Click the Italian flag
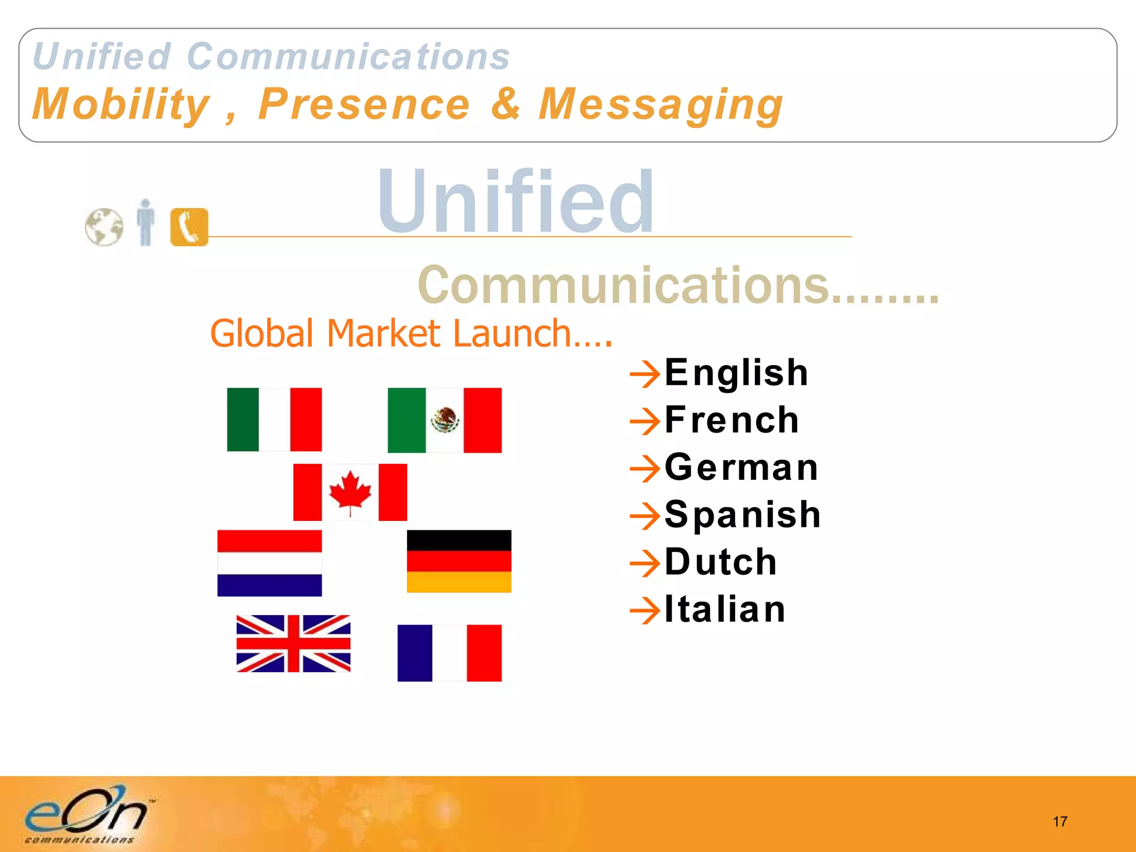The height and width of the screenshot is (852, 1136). [x=274, y=419]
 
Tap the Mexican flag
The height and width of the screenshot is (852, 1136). [x=444, y=420]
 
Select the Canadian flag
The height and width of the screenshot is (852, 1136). [x=350, y=492]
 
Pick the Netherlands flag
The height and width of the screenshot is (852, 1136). [x=270, y=563]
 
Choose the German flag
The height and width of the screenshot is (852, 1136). [x=459, y=561]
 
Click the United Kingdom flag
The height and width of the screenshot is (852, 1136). [x=293, y=643]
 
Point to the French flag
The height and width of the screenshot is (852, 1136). [x=449, y=653]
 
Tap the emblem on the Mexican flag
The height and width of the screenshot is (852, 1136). [x=445, y=419]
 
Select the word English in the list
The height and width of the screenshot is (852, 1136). [x=736, y=372]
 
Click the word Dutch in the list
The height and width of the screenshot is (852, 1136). [x=721, y=562]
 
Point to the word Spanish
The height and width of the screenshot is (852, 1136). [x=742, y=514]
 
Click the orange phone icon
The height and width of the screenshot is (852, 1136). [x=189, y=227]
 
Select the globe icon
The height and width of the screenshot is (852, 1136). [x=104, y=227]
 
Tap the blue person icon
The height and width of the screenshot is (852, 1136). [x=146, y=222]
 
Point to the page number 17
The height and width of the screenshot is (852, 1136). [x=1059, y=821]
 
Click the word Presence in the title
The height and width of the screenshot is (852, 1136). [x=364, y=104]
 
